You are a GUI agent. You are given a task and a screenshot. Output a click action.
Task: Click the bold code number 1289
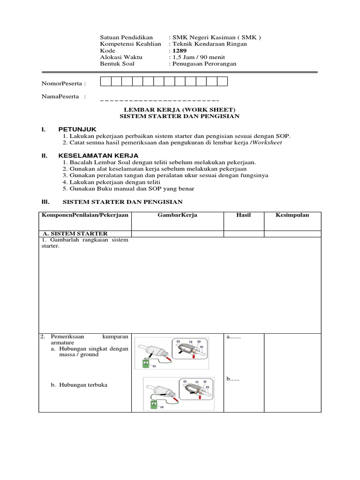[178, 51]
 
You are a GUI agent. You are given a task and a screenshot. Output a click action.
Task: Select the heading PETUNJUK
[77, 129]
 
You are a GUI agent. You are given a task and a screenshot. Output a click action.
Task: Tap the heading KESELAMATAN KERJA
[98, 155]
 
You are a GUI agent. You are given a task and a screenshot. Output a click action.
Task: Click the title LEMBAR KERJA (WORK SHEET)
[180, 109]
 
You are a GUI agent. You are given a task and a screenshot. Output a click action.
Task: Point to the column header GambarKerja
[177, 215]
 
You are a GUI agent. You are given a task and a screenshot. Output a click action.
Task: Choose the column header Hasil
[244, 215]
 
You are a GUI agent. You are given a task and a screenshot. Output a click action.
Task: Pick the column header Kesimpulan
[292, 215]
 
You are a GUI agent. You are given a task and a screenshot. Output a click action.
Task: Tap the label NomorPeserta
[64, 83]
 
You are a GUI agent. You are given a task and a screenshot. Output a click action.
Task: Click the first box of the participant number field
[105, 82]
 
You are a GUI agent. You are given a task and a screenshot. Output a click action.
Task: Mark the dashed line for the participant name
[159, 100]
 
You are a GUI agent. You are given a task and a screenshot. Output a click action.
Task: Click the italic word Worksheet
[267, 142]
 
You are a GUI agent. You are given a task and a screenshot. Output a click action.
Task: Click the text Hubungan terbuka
[79, 385]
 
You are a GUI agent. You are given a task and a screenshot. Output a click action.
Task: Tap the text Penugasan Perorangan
[204, 64]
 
